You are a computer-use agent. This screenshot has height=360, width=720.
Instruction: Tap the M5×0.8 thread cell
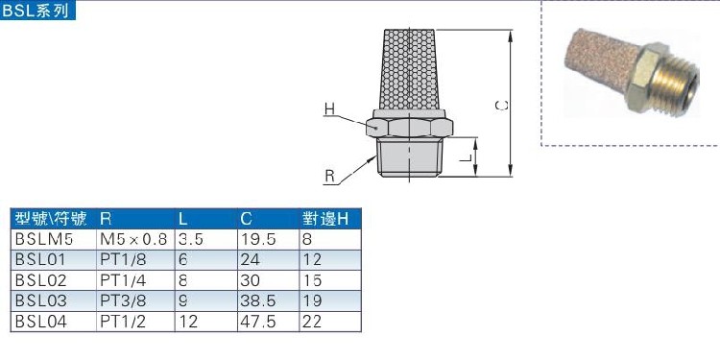click(133, 238)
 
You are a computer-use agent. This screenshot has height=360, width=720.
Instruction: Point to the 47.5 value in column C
click(257, 323)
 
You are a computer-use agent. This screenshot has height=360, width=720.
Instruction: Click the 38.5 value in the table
click(257, 301)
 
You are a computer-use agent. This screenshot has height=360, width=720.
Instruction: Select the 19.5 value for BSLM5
click(257, 238)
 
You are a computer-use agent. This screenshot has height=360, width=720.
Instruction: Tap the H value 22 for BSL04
click(310, 323)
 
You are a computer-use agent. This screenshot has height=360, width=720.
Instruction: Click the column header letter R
click(106, 218)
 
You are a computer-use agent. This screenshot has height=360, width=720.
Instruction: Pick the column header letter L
click(183, 218)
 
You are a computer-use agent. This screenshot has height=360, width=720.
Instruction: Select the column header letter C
click(247, 218)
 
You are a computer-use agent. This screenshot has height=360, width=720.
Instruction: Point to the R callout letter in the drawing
click(329, 176)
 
